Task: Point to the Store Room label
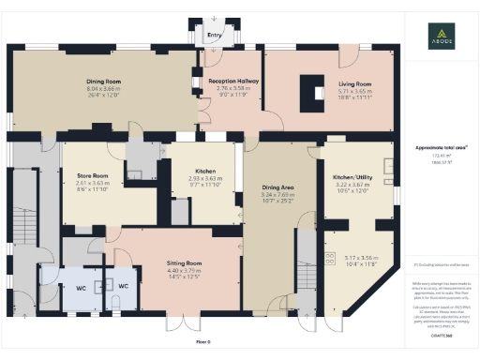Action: [x=93, y=175]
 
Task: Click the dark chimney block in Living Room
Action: [x=308, y=92]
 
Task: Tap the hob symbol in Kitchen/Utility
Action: [x=329, y=259]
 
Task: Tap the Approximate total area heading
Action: [x=436, y=147]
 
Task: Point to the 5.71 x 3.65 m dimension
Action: [x=355, y=91]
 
